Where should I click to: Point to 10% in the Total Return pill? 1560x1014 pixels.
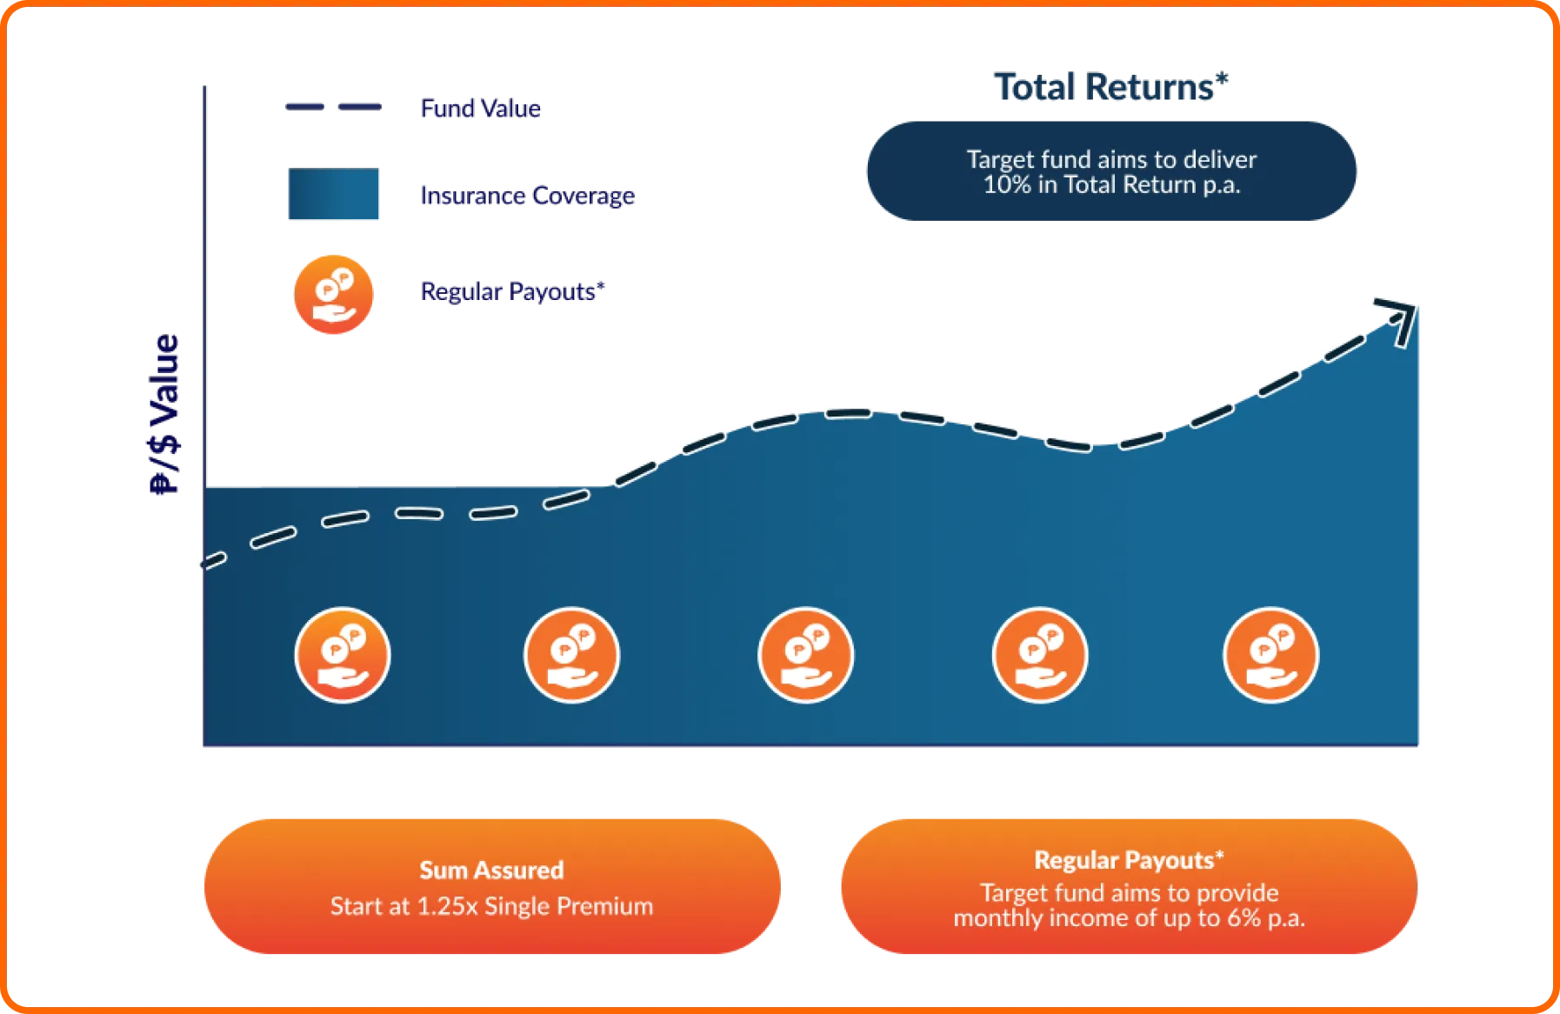[1003, 185]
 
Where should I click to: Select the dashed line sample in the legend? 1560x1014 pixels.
[334, 106]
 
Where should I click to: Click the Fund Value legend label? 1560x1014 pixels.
[480, 108]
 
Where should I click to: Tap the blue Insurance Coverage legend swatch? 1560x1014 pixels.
[334, 195]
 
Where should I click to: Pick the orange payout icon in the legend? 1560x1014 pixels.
[334, 294]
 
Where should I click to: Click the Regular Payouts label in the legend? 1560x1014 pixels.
[511, 291]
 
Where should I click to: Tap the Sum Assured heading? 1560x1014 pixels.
[491, 871]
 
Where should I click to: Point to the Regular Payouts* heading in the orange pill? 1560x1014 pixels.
[1129, 861]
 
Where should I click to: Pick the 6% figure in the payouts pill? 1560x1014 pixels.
[1243, 918]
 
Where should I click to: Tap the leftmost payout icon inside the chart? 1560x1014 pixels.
[343, 655]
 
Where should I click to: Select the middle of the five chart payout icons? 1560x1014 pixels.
[806, 655]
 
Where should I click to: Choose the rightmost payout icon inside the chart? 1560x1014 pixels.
[1270, 655]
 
